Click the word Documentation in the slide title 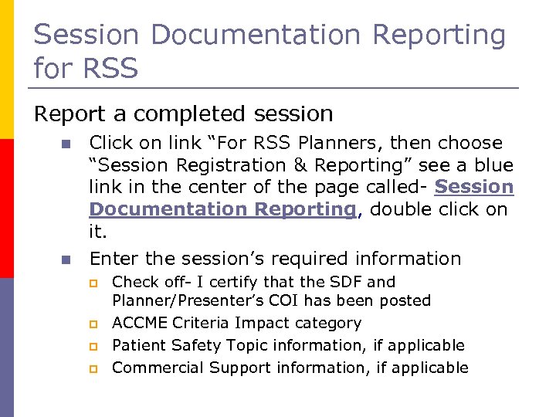257,36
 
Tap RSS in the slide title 108,69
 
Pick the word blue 495,165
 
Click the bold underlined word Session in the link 474,188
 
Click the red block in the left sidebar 6,208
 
